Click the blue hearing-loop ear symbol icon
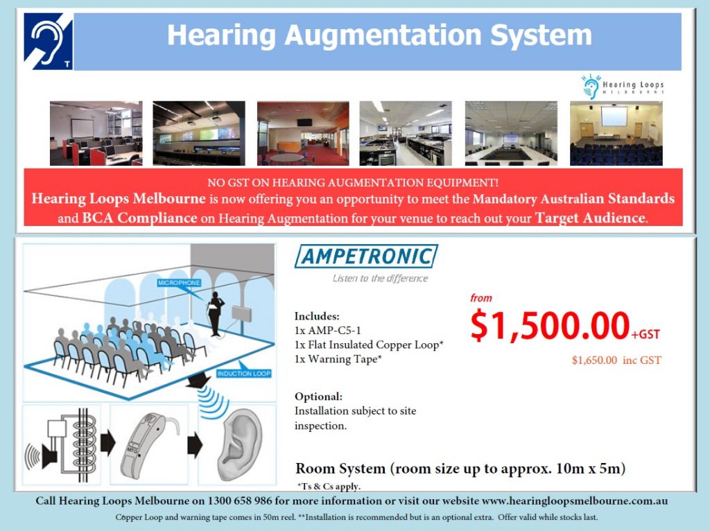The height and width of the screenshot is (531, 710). point(48,41)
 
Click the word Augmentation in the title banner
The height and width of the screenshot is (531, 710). point(383,35)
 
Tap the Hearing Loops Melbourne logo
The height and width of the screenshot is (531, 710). point(623,87)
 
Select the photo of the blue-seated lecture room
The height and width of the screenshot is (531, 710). point(616,133)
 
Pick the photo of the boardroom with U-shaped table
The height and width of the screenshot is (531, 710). point(511,133)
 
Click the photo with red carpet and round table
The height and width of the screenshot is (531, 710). point(303,133)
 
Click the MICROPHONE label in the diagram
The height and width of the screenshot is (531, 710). point(179,283)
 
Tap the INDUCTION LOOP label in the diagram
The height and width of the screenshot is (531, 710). point(243,374)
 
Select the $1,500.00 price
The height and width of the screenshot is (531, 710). point(550,325)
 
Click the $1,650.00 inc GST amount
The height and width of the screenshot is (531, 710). point(616,360)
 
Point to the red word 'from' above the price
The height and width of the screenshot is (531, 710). point(481,298)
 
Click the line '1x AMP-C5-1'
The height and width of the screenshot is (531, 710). point(327,331)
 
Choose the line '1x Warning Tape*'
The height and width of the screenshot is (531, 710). point(338,359)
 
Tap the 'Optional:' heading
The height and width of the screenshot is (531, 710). point(318,397)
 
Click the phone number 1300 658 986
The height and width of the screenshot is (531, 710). point(239,500)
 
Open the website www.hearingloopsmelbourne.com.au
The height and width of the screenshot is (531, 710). point(575,500)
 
